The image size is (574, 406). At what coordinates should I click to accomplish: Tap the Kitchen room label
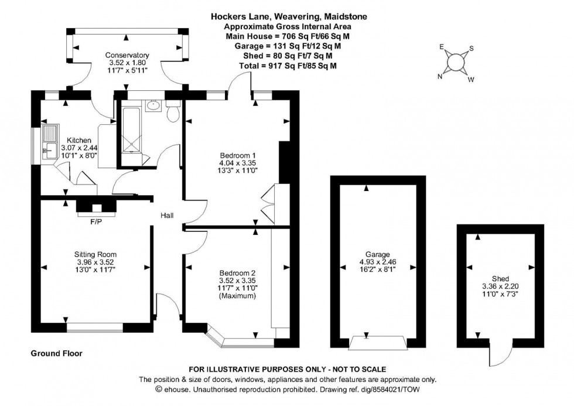(x=78, y=141)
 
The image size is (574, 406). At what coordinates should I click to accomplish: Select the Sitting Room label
(x=95, y=254)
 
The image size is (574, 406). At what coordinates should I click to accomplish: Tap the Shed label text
(x=500, y=279)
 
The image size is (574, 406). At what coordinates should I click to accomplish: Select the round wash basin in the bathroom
(x=153, y=106)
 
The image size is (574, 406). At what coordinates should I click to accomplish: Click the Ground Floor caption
(x=56, y=354)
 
